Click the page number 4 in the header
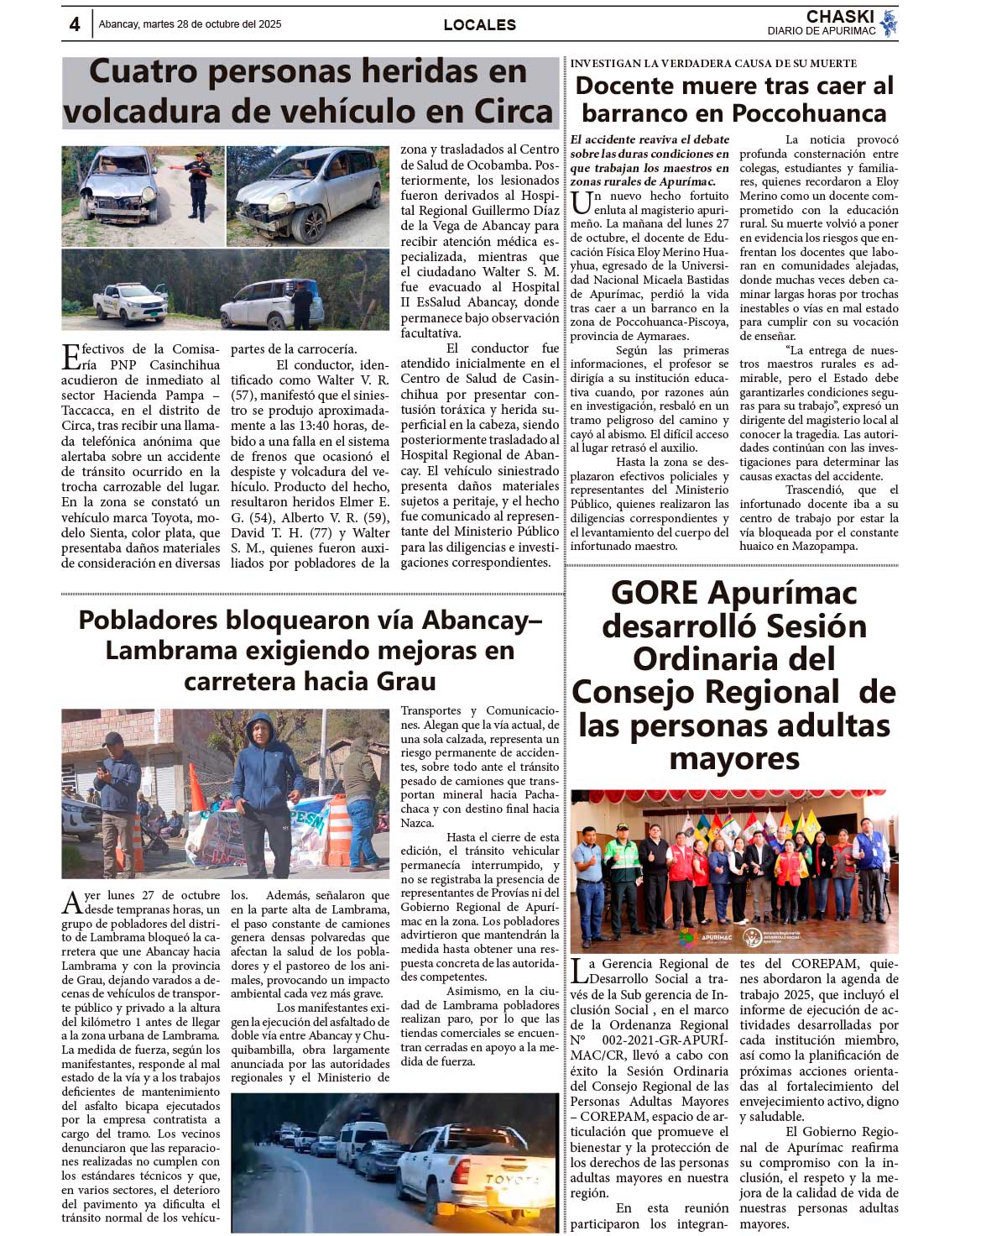[x=75, y=25]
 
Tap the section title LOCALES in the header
[x=479, y=25]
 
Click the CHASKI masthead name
[x=840, y=17]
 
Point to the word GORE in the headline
[x=655, y=593]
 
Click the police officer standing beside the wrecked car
[x=199, y=186]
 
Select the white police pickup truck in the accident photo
[x=131, y=302]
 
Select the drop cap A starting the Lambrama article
[x=71, y=903]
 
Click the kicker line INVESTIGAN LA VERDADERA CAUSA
[x=713, y=63]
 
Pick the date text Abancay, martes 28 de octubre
[x=190, y=24]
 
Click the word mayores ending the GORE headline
[x=734, y=758]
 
